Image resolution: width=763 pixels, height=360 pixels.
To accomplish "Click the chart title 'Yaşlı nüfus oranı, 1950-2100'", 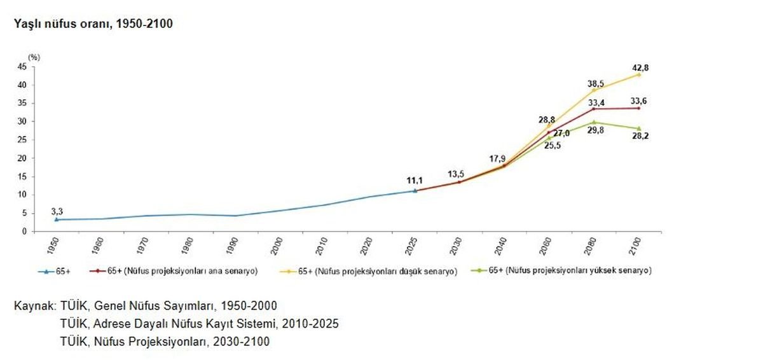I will (89, 25).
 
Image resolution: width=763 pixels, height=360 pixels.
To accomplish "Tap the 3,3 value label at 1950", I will (57, 212).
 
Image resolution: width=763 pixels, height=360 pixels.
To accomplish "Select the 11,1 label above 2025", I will (415, 181).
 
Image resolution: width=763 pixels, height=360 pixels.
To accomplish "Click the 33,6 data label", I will (640, 100).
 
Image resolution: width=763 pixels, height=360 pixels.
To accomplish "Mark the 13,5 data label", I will (457, 172).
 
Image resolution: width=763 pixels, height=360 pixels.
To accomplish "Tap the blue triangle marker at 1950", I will (57, 219).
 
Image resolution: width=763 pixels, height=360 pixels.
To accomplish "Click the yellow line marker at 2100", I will (638, 74).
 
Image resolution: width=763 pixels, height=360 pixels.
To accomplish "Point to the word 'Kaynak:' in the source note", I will (35, 305).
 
